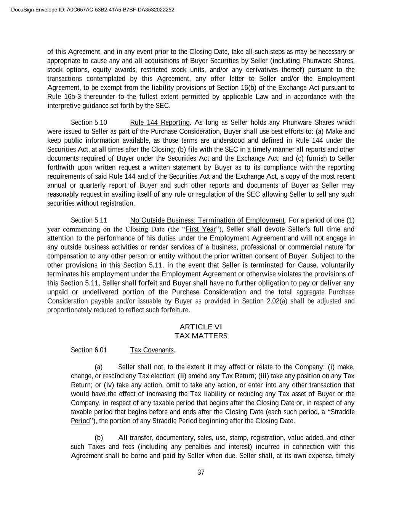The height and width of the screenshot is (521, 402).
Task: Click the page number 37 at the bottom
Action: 201,473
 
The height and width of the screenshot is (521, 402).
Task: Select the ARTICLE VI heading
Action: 201,327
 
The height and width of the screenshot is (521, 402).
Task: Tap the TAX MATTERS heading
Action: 201,336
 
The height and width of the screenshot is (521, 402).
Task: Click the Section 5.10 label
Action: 89,123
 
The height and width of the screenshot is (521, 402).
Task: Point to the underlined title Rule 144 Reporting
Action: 160,123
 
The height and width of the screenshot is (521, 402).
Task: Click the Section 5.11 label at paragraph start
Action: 89,220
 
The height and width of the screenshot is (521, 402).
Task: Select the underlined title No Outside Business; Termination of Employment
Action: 207,220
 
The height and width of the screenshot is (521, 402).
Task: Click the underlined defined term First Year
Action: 200,229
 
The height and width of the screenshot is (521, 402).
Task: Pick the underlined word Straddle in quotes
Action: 343,412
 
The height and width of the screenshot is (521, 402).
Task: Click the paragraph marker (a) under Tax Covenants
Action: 99,367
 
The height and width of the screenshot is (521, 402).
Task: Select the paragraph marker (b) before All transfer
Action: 99,438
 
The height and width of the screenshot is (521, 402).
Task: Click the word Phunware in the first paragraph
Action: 316,61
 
